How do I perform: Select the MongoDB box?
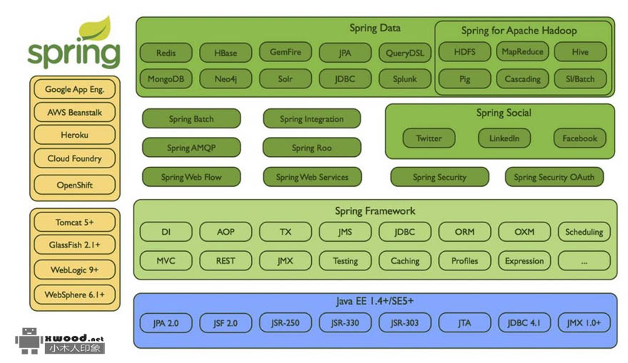click(166, 78)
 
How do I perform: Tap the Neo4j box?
click(226, 78)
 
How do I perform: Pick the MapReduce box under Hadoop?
click(522, 52)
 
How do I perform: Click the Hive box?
click(580, 52)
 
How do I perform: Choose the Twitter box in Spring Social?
click(429, 138)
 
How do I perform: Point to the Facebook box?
click(579, 138)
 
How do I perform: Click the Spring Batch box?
click(191, 119)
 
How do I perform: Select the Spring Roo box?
click(311, 148)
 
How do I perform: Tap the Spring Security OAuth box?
click(554, 178)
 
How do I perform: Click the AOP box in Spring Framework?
click(226, 232)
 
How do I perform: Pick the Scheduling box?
click(584, 232)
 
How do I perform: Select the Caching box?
click(405, 261)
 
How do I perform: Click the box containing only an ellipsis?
click(584, 261)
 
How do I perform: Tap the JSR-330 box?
click(345, 323)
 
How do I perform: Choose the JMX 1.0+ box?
click(584, 323)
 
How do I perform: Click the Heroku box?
click(74, 134)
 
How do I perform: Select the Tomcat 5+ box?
click(74, 223)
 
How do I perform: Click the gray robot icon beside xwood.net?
click(29, 341)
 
